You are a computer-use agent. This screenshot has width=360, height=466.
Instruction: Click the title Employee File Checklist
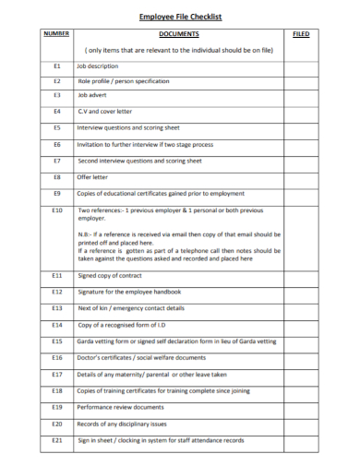point(180,17)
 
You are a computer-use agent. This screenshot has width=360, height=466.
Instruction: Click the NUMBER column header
point(56,34)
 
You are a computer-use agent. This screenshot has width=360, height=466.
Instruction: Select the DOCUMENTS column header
point(179,34)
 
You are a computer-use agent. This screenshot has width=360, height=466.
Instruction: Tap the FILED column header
point(301,34)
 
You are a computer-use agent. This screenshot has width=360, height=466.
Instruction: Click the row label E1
point(56,66)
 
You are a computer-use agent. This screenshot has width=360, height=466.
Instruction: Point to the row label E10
point(56,209)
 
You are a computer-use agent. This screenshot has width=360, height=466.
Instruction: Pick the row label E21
point(56,440)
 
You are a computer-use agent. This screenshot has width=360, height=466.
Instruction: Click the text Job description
point(98,66)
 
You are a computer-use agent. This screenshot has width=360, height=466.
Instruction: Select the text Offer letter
point(92,176)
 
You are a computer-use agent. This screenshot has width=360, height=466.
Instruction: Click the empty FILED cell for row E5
point(301,128)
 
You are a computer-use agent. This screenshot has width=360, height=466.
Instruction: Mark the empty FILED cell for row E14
point(301,325)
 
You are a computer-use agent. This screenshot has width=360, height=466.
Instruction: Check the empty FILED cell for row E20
point(301,424)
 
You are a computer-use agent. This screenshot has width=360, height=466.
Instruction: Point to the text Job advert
point(93,95)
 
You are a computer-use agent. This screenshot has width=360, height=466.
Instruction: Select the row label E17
point(56,374)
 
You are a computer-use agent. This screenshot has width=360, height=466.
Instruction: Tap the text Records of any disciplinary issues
point(122,424)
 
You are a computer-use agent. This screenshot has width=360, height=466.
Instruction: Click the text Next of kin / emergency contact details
point(130,308)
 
